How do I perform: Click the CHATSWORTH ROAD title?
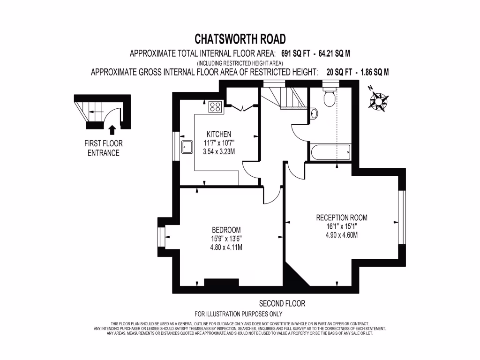(240, 38)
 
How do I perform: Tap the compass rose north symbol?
(378, 100)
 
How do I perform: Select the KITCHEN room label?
(218, 134)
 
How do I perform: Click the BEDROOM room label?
(226, 230)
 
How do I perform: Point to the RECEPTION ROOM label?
(342, 217)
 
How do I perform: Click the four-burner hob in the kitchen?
(216, 107)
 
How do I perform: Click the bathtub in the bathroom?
(329, 152)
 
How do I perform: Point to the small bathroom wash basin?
(314, 113)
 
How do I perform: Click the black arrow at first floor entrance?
(112, 129)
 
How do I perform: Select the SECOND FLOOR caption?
(282, 304)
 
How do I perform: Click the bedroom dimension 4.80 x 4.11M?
(226, 247)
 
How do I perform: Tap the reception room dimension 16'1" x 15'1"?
(342, 226)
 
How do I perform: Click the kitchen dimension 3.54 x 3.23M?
(218, 151)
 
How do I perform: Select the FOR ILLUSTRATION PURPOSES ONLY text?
(238, 314)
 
